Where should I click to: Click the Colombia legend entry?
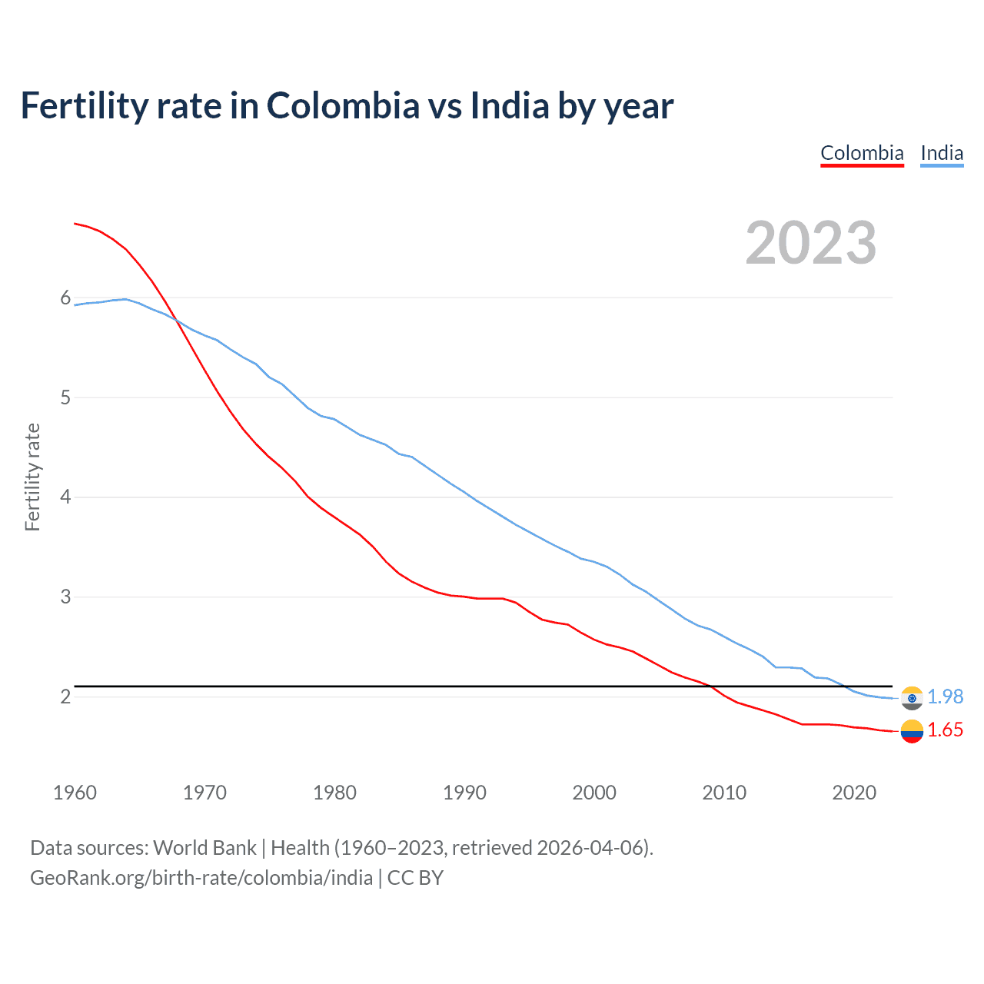click(862, 153)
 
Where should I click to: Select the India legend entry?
click(942, 153)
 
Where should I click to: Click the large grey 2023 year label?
click(811, 243)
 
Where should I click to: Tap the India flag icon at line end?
click(912, 698)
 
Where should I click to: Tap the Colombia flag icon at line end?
click(912, 731)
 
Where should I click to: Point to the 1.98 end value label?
click(945, 696)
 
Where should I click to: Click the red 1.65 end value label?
click(945, 730)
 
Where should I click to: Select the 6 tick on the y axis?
click(65, 298)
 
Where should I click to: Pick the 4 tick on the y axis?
click(65, 497)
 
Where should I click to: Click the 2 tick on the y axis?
click(65, 696)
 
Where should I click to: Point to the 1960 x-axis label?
click(75, 793)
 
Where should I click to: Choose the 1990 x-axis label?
click(464, 793)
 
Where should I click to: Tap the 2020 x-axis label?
click(854, 793)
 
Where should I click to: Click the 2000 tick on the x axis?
click(594, 793)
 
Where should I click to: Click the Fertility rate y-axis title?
click(32, 477)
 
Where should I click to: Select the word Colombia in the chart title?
click(343, 106)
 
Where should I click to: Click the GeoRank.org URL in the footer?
click(201, 878)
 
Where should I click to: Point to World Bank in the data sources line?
click(204, 848)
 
